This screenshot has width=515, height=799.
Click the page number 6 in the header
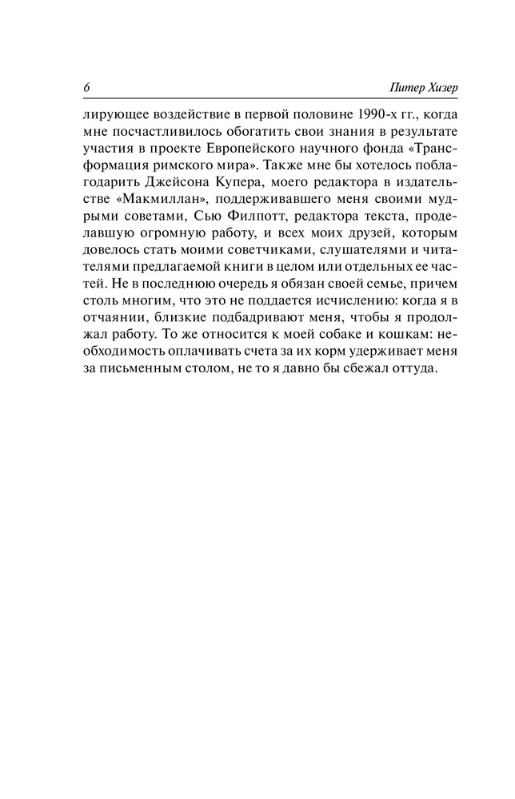(x=85, y=87)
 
